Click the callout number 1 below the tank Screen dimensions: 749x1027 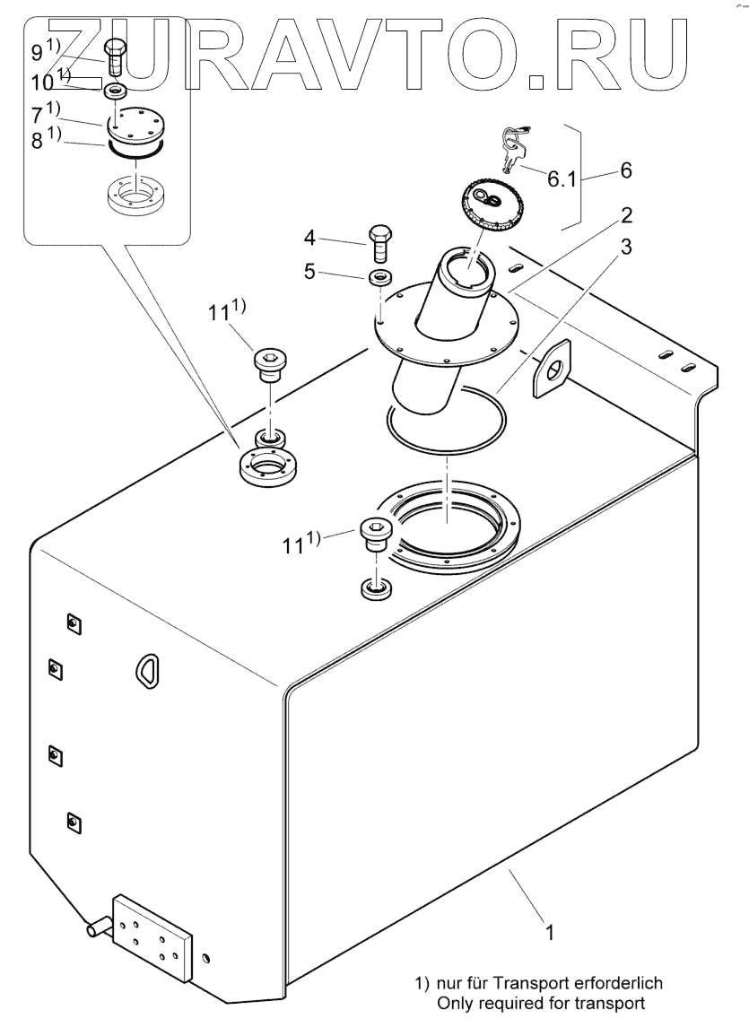pos(550,931)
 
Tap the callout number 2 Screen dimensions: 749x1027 pos(626,215)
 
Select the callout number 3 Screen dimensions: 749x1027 pos(626,247)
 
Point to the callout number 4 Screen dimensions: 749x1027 pos(310,238)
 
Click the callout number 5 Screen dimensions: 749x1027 pos(310,271)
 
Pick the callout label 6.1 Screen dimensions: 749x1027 pos(562,178)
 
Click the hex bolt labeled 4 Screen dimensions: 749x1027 pos(380,243)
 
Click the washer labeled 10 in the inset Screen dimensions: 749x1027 pos(114,89)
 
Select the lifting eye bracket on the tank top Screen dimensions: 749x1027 pos(551,368)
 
